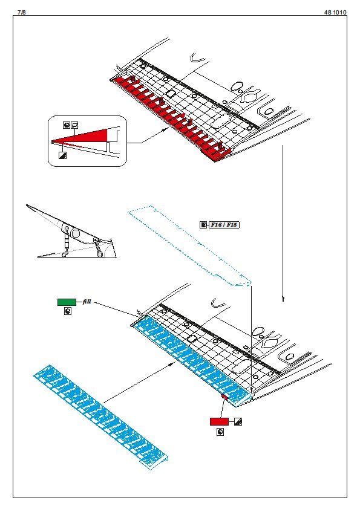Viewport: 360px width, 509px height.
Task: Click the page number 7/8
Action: tap(21, 12)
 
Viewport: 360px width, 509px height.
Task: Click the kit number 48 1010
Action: tap(335, 12)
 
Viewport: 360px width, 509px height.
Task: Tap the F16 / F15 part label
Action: tap(223, 225)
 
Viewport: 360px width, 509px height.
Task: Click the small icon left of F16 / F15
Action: tap(203, 225)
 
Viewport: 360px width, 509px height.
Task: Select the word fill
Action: tap(87, 302)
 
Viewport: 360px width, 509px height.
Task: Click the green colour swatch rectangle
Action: tap(67, 302)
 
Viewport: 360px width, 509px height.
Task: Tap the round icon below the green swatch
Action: tap(68, 312)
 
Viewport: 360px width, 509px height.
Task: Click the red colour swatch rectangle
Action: tap(219, 421)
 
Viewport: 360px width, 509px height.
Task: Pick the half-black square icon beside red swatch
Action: tap(238, 422)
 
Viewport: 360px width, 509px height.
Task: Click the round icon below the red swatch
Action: tap(220, 432)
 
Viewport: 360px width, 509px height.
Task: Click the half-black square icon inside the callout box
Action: tap(62, 155)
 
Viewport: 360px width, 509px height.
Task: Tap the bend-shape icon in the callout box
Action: tap(75, 125)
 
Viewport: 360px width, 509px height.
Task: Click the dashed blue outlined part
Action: tap(190, 245)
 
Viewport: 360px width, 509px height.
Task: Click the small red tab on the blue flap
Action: tap(224, 397)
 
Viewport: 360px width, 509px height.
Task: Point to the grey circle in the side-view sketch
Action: tap(76, 233)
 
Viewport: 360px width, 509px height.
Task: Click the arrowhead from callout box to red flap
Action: tap(166, 129)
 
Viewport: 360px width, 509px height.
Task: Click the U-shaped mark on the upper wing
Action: tap(197, 59)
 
